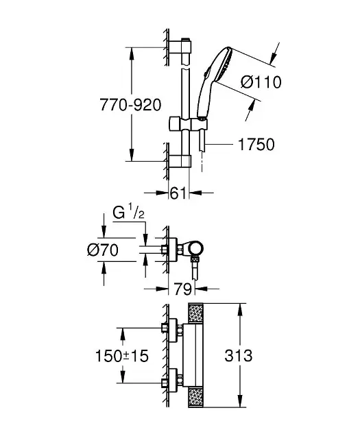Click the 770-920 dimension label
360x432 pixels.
click(x=130, y=105)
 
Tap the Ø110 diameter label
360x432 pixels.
click(x=261, y=82)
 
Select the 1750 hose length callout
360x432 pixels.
click(x=256, y=145)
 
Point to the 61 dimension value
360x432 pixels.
click(x=178, y=193)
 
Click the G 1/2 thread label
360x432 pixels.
click(x=129, y=213)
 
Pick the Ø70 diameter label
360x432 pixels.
click(x=103, y=250)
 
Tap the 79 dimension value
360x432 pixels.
click(x=182, y=289)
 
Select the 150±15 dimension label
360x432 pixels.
click(x=122, y=356)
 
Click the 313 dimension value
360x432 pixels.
click(x=238, y=355)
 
